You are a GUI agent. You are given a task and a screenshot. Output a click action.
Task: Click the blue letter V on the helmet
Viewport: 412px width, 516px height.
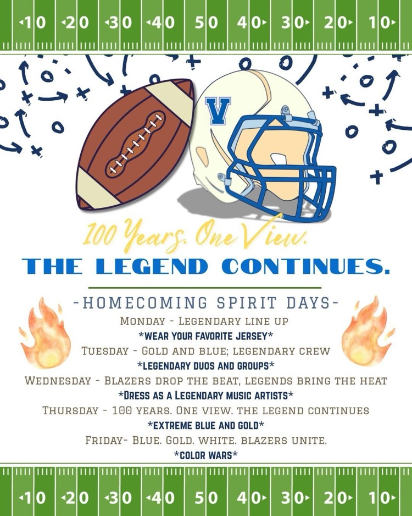point(218,111)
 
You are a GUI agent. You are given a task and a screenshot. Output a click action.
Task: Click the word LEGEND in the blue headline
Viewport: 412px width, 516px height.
point(152,266)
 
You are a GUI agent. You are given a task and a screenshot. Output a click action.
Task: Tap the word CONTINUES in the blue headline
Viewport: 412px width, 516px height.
point(305,266)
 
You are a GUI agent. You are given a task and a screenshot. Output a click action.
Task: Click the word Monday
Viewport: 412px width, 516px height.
point(142,321)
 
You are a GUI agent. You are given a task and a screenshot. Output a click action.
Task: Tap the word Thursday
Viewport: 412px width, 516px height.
point(70,410)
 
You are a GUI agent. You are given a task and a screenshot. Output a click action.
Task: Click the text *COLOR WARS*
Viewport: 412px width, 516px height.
point(206,454)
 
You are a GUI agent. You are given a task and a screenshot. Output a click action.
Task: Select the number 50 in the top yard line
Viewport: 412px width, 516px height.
point(206,23)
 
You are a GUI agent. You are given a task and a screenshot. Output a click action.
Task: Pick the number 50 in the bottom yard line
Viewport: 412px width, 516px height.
point(206,497)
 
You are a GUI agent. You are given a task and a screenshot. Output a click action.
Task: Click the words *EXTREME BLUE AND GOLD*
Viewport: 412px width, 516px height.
point(206,425)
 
